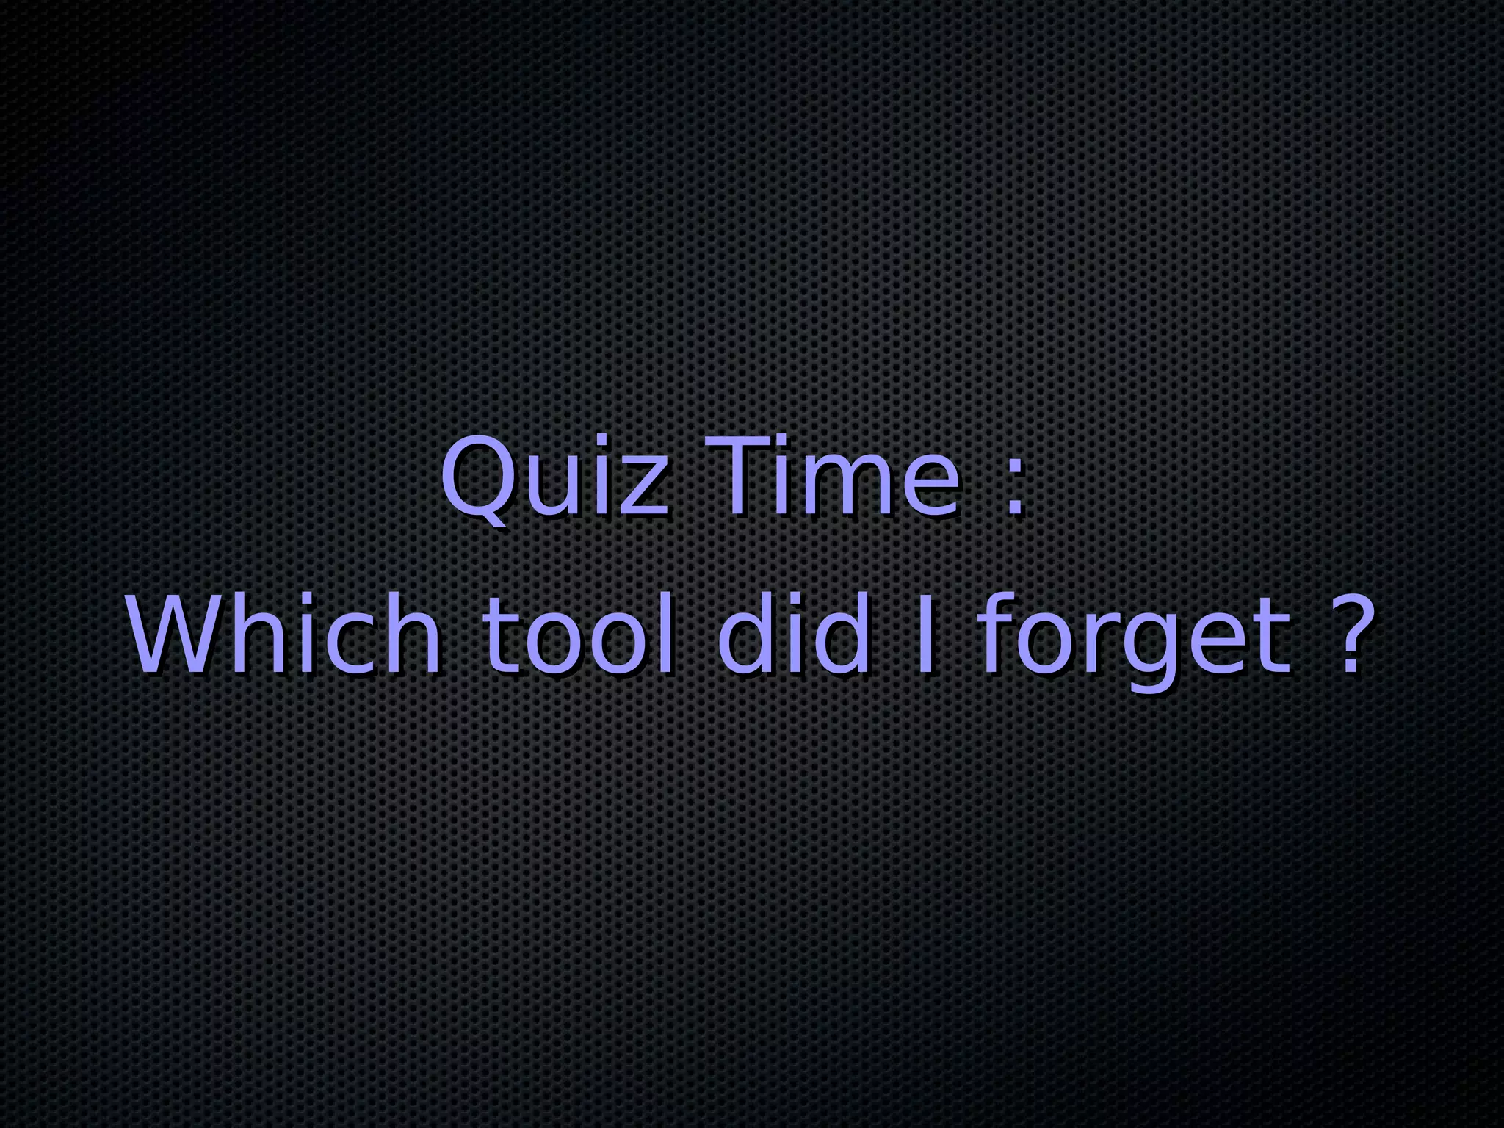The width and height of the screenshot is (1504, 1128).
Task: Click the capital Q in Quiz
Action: [477, 477]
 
